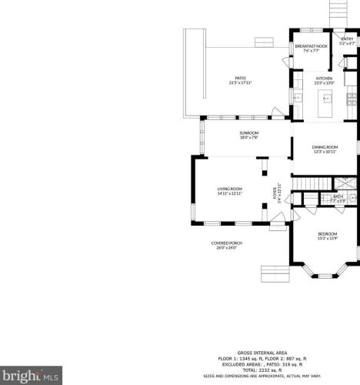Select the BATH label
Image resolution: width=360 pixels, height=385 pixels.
click(x=338, y=196)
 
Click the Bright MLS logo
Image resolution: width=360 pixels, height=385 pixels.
click(x=29, y=376)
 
